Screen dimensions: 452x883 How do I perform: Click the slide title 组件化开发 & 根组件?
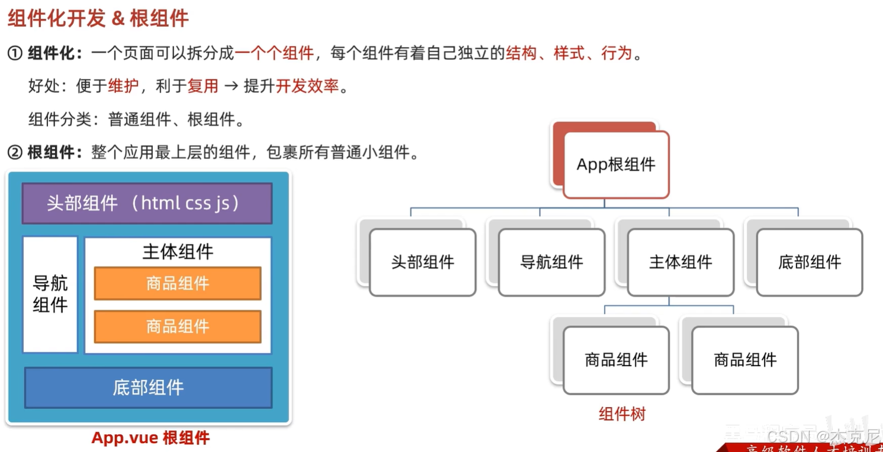pos(98,18)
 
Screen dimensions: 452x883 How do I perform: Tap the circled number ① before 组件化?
pos(15,54)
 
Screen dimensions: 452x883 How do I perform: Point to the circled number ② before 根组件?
pos(15,153)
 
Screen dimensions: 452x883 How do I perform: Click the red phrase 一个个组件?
pos(274,54)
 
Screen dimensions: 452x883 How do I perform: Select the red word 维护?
pos(123,86)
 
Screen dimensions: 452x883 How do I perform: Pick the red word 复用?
pos(203,86)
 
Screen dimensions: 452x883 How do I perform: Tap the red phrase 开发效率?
pos(307,86)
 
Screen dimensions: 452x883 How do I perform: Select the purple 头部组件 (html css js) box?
pos(147,203)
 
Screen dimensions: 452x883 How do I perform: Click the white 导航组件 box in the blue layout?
pos(50,294)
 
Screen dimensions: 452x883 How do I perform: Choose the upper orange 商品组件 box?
pos(178,283)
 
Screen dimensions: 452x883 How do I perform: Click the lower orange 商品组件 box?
pos(178,326)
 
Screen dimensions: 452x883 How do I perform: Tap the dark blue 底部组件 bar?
pos(148,387)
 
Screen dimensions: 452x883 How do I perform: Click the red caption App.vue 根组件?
pos(150,438)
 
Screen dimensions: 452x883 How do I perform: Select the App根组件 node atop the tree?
pos(616,165)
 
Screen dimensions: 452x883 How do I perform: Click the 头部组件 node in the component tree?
pos(422,262)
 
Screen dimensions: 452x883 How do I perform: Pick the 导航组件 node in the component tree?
pos(551,262)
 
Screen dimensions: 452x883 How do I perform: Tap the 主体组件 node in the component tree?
pos(680,262)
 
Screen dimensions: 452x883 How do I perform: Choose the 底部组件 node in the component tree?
pos(810,262)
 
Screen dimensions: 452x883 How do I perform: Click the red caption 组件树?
pos(622,413)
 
